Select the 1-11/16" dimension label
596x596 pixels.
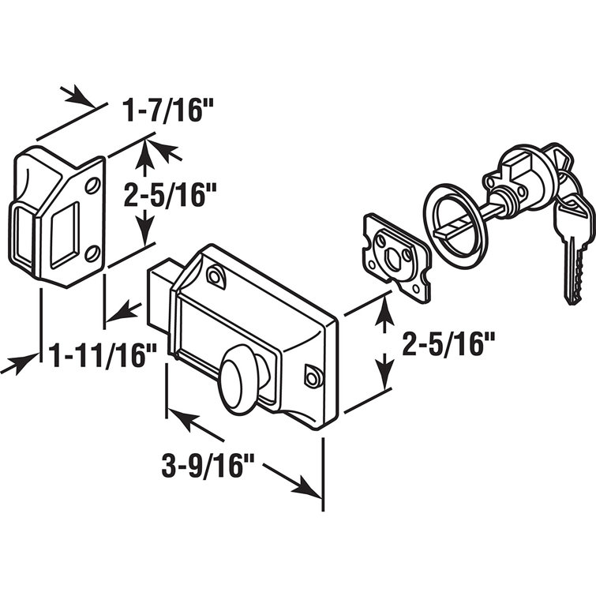pos(98,357)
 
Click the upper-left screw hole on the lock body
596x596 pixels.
pos(213,274)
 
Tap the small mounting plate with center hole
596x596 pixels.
pos(394,253)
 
